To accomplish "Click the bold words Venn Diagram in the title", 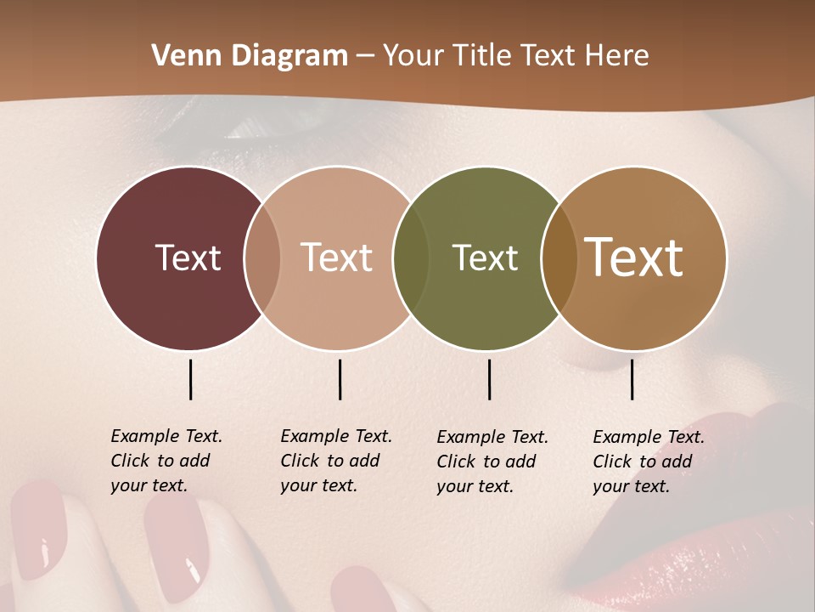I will pos(250,56).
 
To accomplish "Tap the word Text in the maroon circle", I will pos(188,258).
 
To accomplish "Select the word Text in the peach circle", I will pos(336,258).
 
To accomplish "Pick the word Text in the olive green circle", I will pos(485,258).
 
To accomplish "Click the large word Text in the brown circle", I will pos(634,257).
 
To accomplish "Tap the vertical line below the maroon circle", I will pos(190,379).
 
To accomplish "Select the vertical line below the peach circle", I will pos(340,379).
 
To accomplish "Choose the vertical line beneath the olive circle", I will pos(489,379).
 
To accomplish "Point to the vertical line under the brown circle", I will pos(632,379).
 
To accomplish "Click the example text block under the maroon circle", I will pos(166,461).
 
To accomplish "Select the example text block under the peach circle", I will pos(335,461).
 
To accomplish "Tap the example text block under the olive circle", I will pos(492,462).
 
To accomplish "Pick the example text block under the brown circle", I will pos(648,462).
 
